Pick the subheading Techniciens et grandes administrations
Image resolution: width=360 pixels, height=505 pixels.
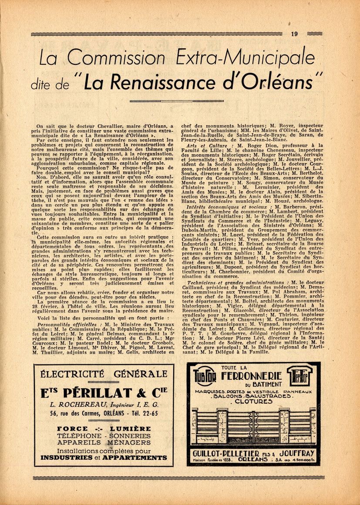coord(235,283)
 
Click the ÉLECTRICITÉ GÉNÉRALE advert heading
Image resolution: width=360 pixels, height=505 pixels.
coord(104,374)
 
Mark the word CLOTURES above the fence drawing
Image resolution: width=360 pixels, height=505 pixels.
coord(253,401)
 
